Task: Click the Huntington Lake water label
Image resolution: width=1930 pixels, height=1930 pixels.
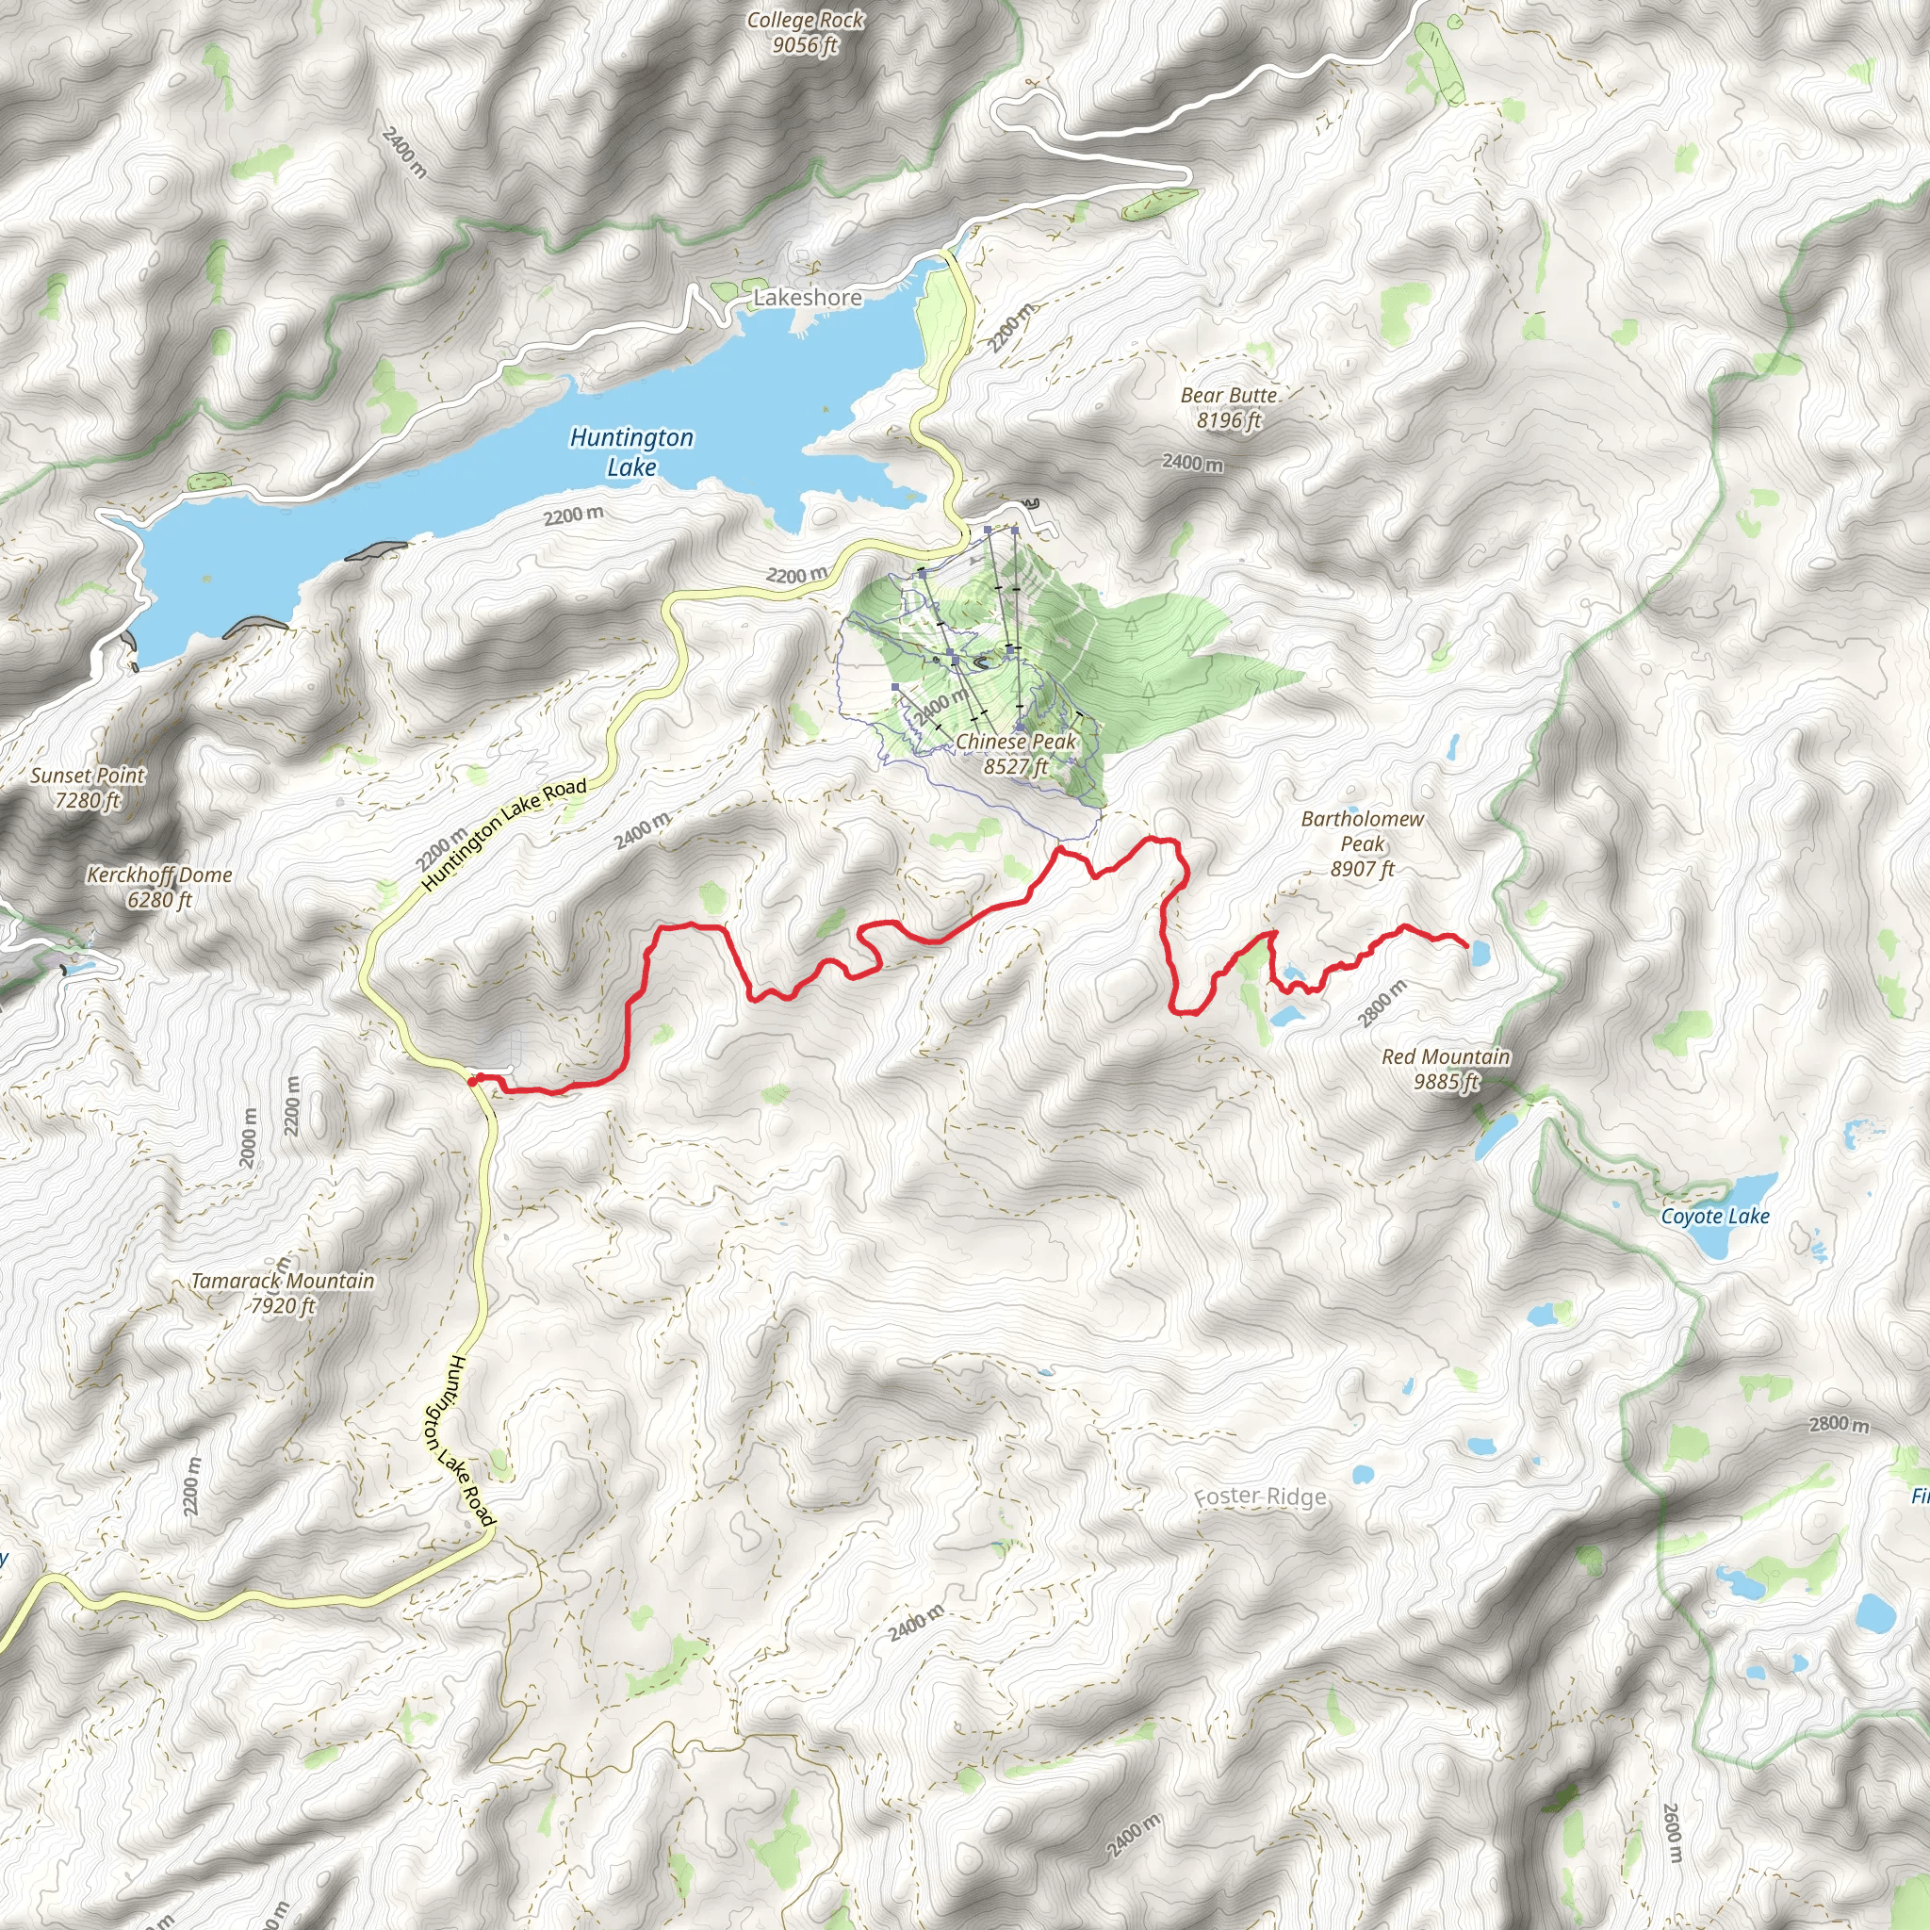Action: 631,451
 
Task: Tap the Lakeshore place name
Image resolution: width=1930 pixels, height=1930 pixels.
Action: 808,298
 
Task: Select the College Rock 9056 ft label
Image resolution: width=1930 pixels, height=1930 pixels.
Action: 805,32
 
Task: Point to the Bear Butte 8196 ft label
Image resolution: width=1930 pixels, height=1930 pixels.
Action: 1229,407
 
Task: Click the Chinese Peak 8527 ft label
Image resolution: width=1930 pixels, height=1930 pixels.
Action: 1016,753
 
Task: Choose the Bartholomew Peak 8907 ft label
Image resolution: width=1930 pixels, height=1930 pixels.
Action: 1363,843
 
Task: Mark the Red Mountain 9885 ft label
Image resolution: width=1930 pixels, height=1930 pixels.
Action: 1446,1068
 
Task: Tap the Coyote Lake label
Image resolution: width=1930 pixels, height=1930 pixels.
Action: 1715,1216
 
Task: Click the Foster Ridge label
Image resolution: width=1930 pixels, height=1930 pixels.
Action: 1261,1497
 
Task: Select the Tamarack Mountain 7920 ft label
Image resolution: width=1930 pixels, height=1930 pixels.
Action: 283,1293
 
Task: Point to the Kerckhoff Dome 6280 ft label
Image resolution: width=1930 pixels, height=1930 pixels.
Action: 160,886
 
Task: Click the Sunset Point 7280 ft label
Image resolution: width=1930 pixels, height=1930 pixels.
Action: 88,787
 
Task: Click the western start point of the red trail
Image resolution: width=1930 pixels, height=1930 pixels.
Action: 471,1081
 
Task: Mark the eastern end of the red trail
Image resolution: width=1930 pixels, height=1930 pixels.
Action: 1465,945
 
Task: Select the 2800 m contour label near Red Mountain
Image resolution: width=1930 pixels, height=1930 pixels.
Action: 1383,1003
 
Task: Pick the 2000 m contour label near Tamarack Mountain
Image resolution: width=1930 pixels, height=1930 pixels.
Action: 249,1138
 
